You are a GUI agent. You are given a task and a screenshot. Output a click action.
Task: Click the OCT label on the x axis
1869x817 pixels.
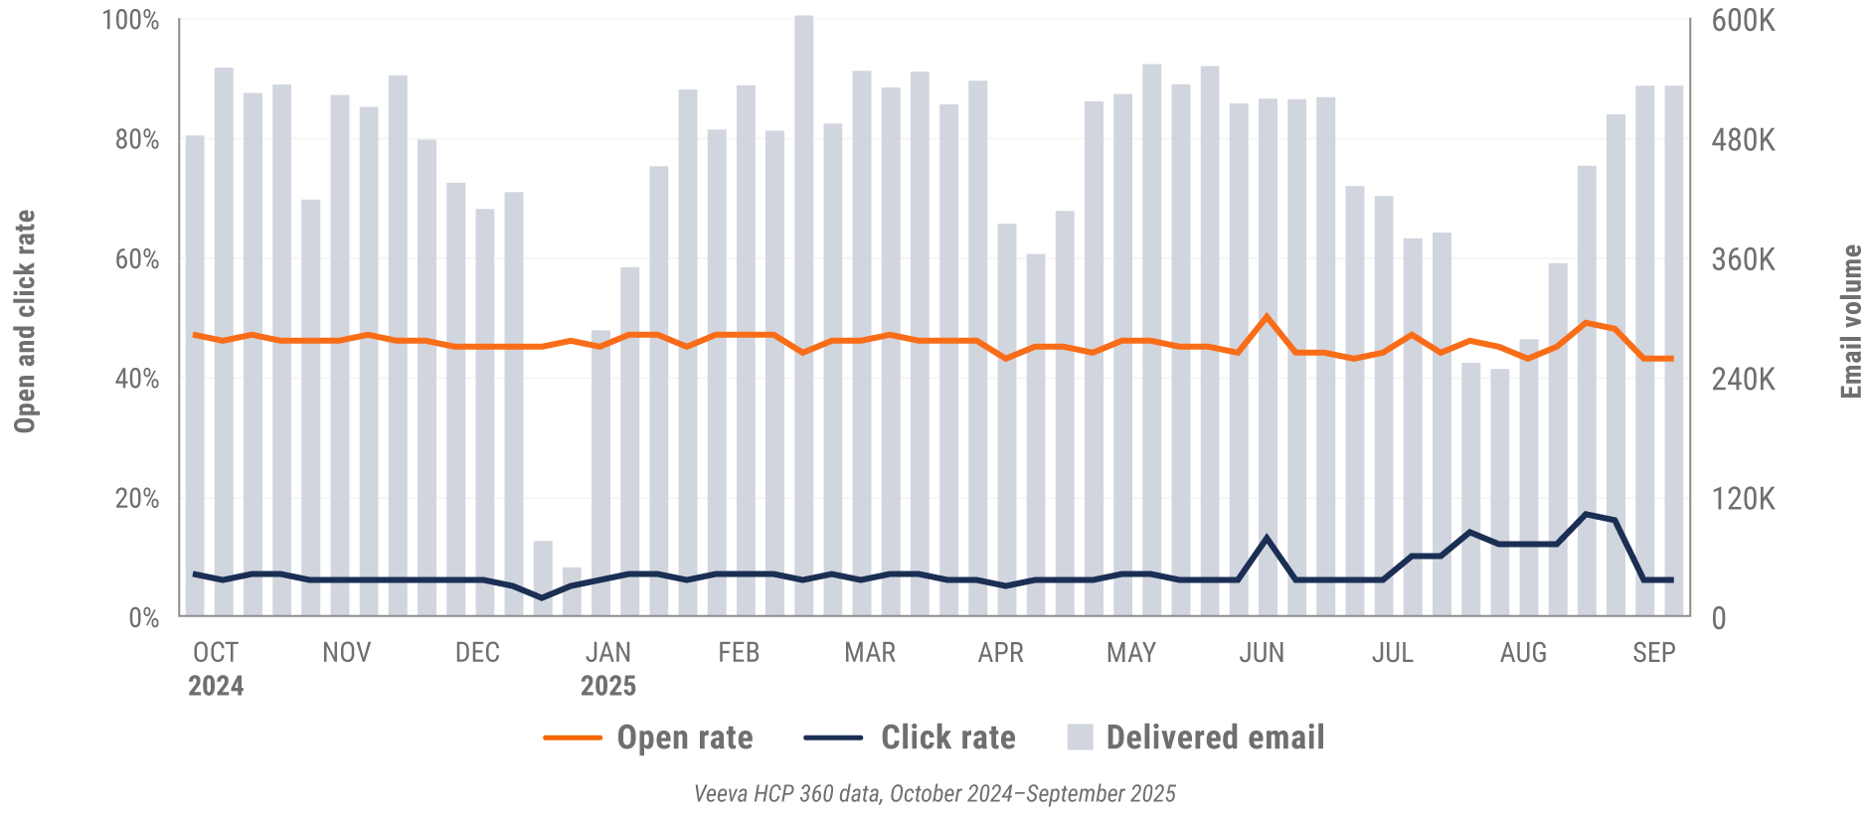pos(216,652)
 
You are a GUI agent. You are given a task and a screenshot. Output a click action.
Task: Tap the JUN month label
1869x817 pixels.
pos(1262,652)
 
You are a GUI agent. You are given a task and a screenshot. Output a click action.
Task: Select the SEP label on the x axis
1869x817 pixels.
pos(1653,652)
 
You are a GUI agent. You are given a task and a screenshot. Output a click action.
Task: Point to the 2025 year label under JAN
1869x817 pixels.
pos(607,686)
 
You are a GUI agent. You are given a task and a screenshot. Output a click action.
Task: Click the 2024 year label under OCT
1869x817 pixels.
pos(216,686)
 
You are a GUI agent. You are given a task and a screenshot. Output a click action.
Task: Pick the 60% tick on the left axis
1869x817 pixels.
pos(137,259)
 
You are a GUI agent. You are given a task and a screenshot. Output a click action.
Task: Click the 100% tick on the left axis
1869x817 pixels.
pos(131,20)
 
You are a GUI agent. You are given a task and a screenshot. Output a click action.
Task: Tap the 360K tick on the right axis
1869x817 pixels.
pos(1743,259)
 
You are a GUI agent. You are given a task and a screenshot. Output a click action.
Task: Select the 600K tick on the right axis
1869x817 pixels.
pos(1743,20)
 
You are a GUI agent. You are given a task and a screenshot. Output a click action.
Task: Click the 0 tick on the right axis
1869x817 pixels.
pos(1719,618)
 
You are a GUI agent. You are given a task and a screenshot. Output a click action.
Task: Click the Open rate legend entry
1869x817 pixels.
pos(684,737)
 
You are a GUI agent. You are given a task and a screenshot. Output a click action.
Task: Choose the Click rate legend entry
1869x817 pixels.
pos(947,737)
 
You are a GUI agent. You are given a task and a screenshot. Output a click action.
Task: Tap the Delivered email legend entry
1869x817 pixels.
pos(1214,737)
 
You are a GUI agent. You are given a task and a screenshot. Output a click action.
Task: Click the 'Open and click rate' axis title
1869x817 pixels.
pos(25,321)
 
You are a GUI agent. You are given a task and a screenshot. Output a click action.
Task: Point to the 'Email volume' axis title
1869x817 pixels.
pos(1851,321)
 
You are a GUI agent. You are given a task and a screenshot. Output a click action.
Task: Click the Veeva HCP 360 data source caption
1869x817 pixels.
pos(934,793)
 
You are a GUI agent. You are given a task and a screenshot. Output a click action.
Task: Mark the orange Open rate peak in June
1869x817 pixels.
pos(1267,317)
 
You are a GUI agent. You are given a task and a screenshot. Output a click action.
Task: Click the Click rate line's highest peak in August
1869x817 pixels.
pos(1586,514)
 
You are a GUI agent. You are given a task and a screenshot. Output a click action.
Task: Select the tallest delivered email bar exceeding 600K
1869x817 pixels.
pos(803,298)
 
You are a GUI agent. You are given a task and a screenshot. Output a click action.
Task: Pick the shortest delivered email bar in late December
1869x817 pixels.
pos(572,591)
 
